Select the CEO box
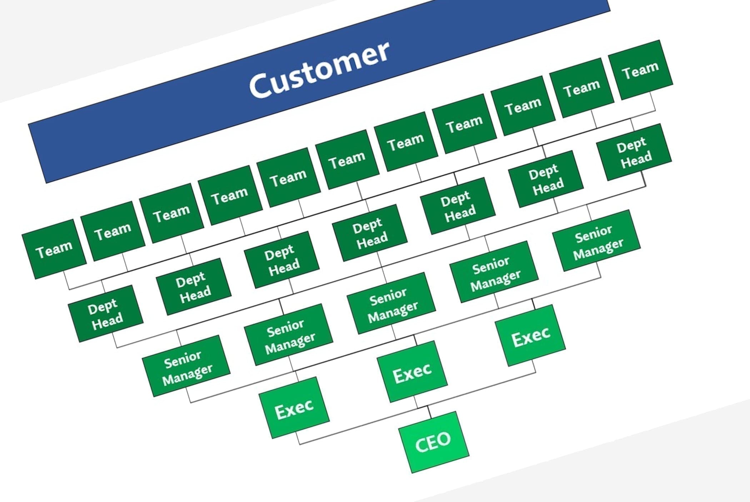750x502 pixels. tap(434, 442)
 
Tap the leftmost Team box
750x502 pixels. tap(54, 249)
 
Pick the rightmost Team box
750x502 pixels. tap(640, 70)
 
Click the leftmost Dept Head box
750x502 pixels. tap(105, 313)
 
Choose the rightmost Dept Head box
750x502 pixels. tap(634, 152)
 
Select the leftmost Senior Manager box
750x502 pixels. tap(186, 366)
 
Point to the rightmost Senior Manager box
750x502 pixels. tap(596, 240)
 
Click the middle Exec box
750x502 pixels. tap(412, 371)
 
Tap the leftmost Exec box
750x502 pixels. tap(294, 407)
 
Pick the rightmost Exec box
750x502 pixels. tap(530, 335)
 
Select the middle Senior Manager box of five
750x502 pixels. tap(391, 303)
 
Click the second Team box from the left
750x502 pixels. tap(112, 231)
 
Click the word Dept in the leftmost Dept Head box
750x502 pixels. tap(102, 306)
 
